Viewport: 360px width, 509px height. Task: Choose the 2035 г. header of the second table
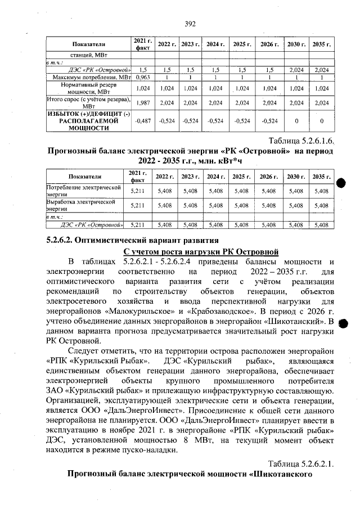click(x=321, y=176)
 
